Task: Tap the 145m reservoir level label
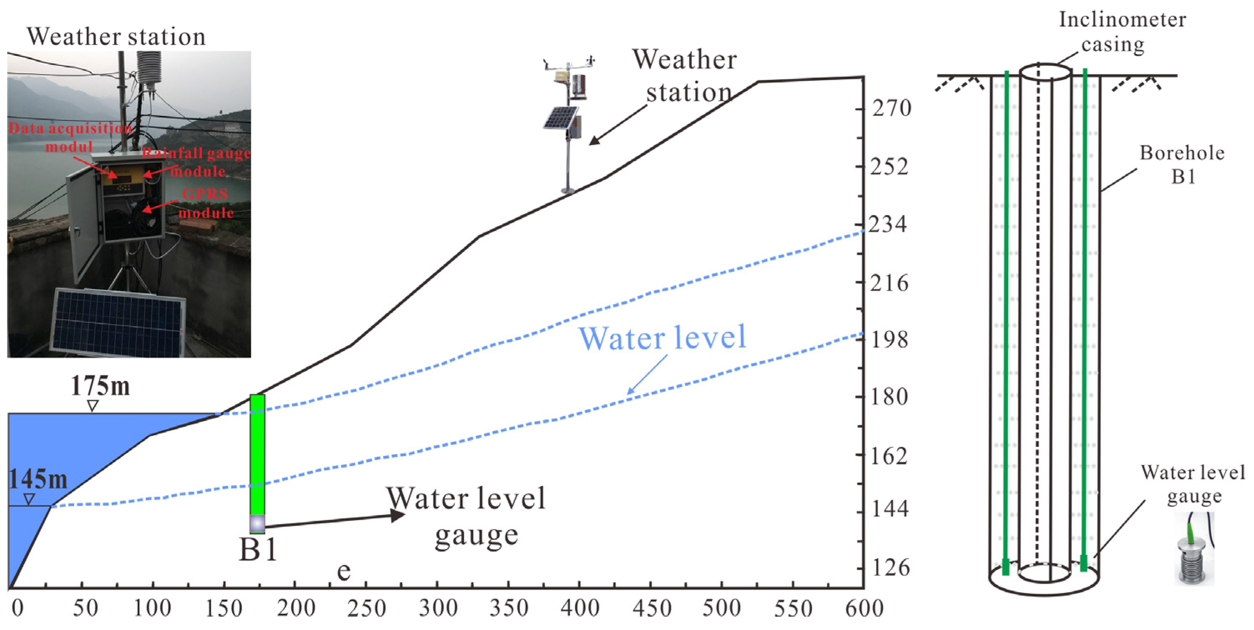tap(38, 479)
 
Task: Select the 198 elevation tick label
tap(889, 339)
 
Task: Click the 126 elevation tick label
tap(890, 567)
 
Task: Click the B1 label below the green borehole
tap(258, 550)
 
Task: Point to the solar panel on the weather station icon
tap(561, 118)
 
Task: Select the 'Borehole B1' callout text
tap(1181, 164)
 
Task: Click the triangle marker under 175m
tap(93, 406)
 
